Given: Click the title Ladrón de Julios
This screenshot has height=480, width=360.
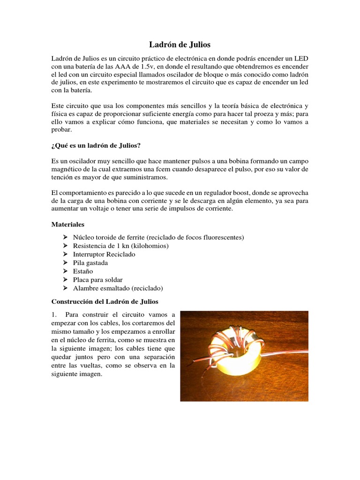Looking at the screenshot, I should click(180, 45).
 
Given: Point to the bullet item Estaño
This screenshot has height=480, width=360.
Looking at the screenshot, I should click(83, 271).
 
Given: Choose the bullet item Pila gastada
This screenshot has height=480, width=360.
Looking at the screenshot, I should click(90, 262).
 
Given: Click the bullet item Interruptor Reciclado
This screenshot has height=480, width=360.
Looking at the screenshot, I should click(104, 254).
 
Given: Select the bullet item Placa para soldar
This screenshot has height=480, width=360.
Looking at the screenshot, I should click(97, 279).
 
